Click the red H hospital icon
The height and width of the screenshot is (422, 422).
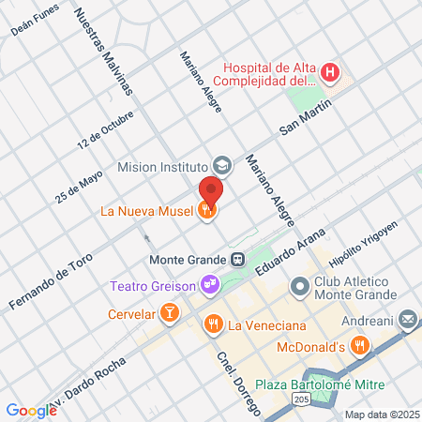[329, 71]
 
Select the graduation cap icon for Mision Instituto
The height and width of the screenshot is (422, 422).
[221, 166]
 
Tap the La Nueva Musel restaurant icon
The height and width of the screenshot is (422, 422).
[205, 211]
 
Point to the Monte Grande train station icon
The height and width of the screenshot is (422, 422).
[238, 259]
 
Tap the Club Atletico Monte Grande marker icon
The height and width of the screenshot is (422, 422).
[298, 285]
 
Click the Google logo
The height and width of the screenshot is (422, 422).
[31, 410]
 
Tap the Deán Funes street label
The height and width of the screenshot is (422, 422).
[35, 20]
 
